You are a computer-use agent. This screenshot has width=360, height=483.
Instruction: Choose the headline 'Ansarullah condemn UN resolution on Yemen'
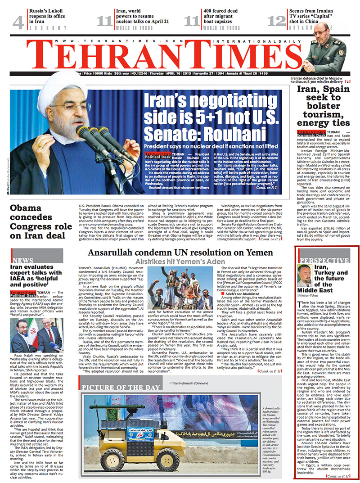[180, 253]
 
